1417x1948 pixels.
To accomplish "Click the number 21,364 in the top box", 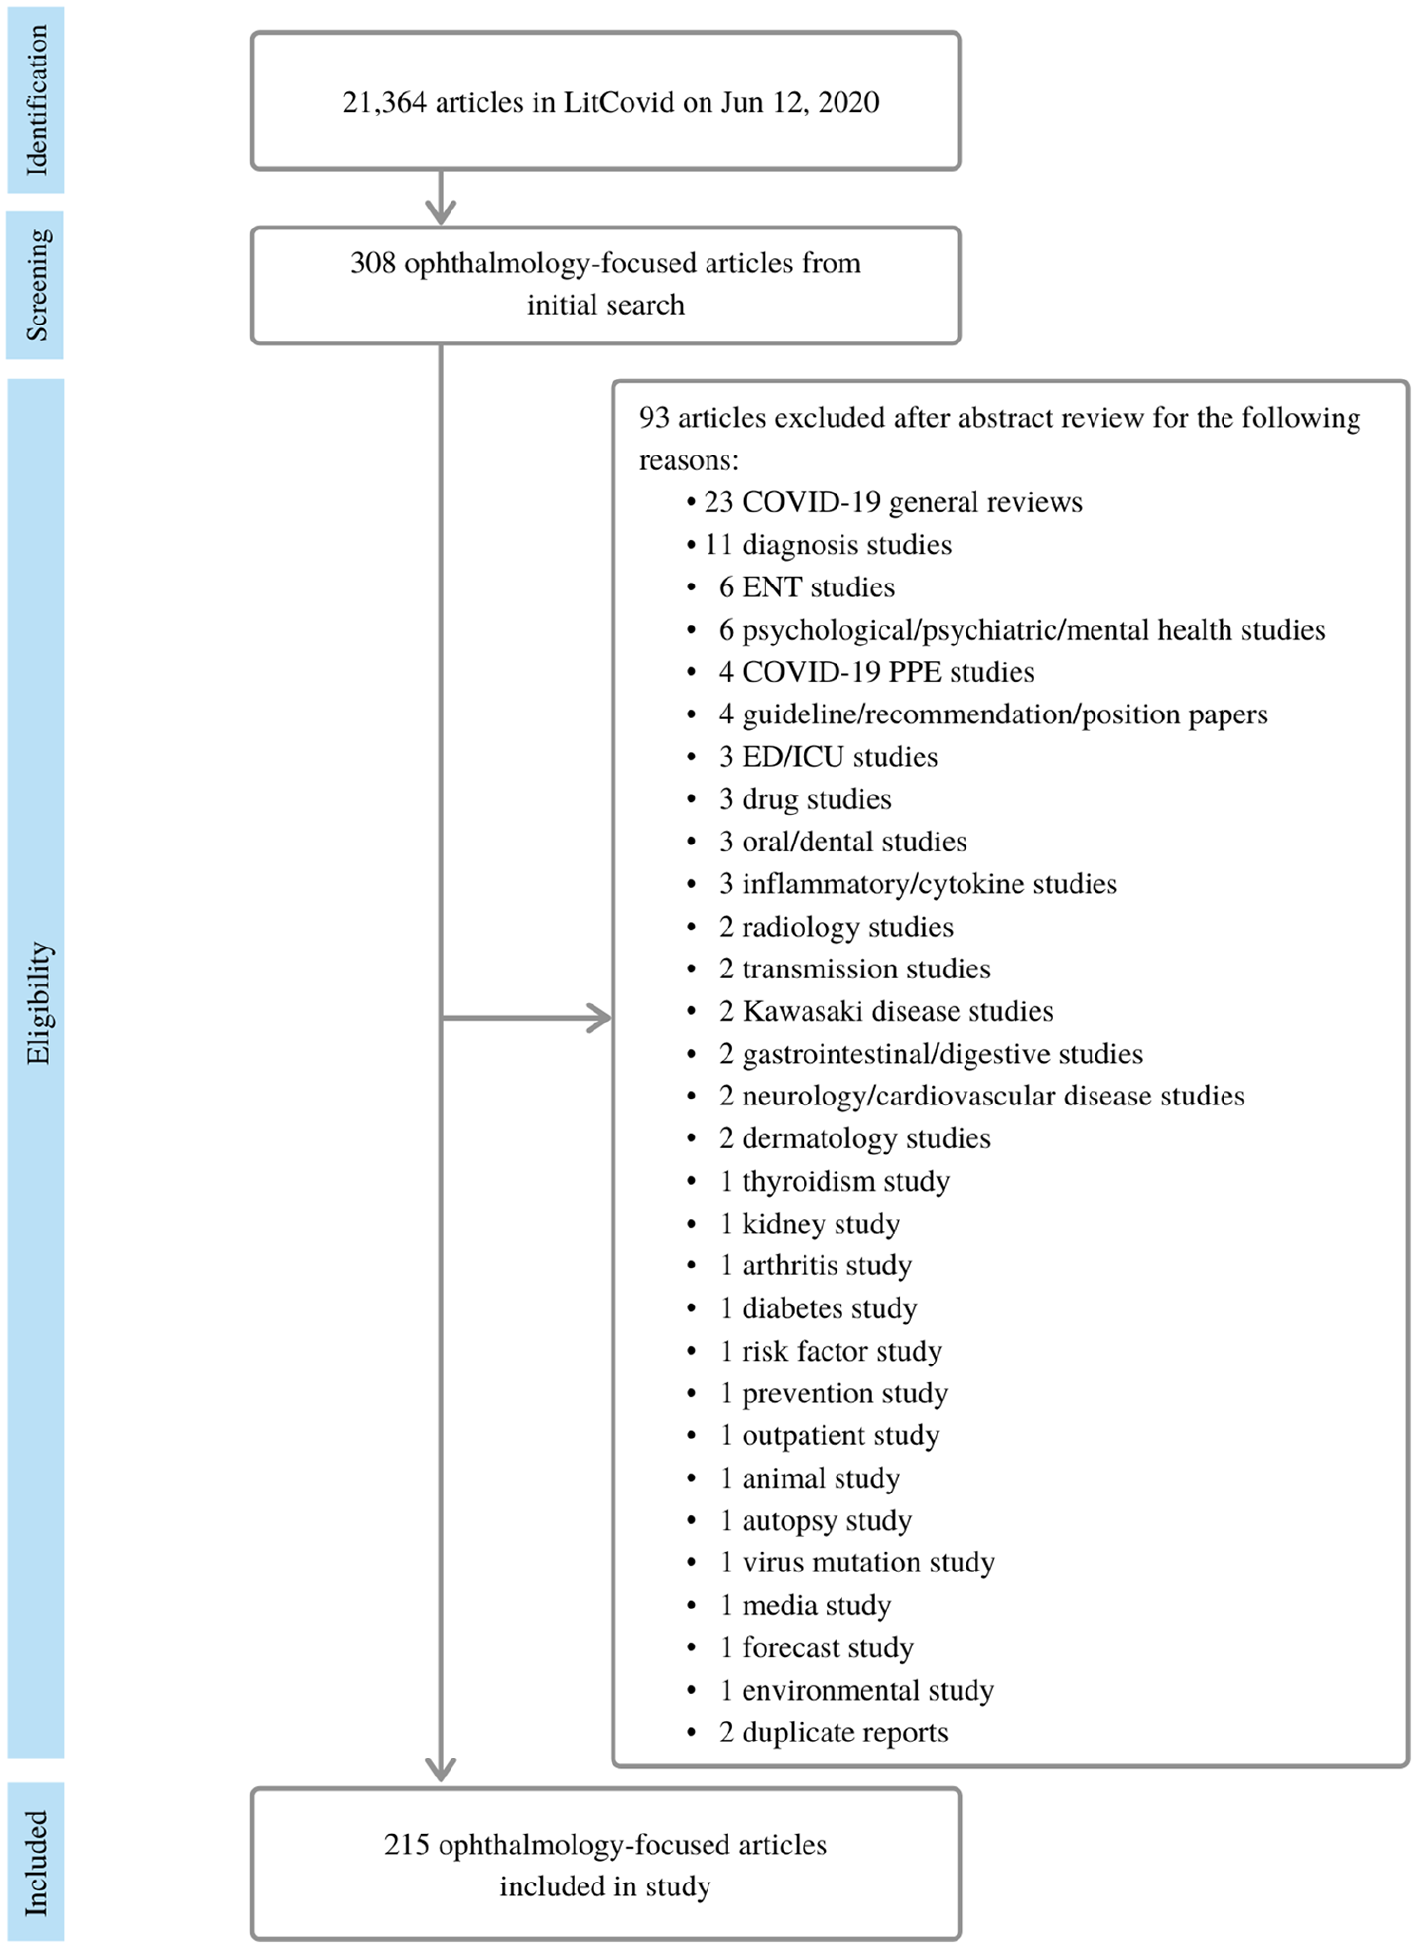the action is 384,103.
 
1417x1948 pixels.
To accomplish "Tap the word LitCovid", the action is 618,102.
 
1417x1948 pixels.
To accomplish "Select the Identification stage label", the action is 36,99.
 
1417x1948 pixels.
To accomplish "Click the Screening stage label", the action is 36,285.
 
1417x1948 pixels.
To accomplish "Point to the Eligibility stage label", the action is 38,1002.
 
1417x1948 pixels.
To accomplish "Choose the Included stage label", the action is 36,1863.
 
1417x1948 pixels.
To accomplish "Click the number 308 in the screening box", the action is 373,263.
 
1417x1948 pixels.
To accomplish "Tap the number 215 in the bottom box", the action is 407,1844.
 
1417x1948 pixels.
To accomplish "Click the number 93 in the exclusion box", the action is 654,418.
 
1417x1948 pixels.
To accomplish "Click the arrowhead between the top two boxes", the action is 441,211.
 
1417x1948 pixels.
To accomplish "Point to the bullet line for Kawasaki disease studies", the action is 869,1011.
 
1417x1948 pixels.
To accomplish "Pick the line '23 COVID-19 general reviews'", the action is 883,502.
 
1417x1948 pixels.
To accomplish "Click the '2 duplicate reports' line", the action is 817,1732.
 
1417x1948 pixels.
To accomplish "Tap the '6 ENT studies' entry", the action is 790,587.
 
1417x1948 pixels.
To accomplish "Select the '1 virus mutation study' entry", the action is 839,1562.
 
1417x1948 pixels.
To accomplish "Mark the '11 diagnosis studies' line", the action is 819,545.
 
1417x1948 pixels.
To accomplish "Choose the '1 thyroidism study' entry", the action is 818,1181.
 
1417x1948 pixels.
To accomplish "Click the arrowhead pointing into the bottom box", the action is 441,1768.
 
